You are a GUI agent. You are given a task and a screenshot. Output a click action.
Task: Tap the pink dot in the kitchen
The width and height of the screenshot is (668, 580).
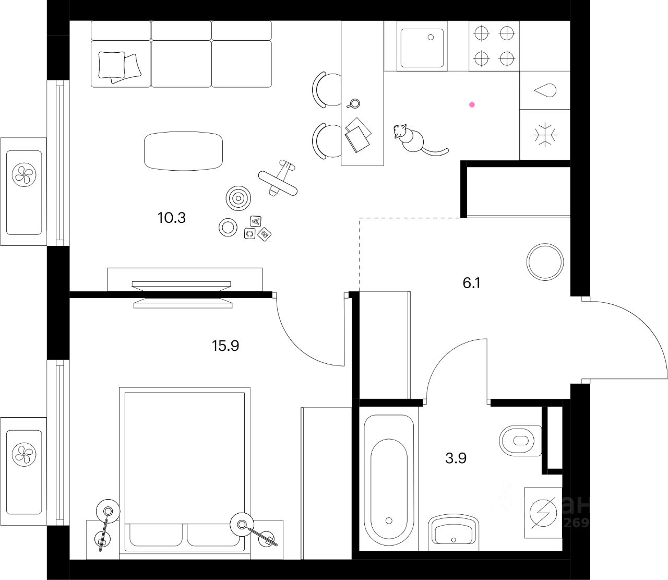(x=472, y=104)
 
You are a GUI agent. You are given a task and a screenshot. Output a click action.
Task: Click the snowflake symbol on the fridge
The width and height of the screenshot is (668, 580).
(x=545, y=135)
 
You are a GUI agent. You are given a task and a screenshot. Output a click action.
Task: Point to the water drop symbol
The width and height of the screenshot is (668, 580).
(x=545, y=90)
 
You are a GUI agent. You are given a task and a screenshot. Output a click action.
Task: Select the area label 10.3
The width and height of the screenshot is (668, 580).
(x=172, y=217)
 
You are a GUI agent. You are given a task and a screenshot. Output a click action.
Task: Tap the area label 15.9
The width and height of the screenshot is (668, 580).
(x=225, y=345)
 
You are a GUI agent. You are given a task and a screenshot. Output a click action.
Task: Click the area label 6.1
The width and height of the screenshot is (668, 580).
(x=471, y=283)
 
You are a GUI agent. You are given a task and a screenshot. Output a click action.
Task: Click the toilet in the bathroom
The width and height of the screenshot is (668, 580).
(x=520, y=440)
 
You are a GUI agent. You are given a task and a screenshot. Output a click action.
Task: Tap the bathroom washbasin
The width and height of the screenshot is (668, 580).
(x=454, y=532)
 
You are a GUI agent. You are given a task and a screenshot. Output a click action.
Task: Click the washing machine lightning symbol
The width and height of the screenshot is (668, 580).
(x=544, y=513)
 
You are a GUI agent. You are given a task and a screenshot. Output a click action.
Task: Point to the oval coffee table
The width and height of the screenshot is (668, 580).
(x=183, y=151)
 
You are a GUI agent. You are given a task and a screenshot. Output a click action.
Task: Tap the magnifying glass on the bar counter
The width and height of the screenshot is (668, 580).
(x=354, y=103)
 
